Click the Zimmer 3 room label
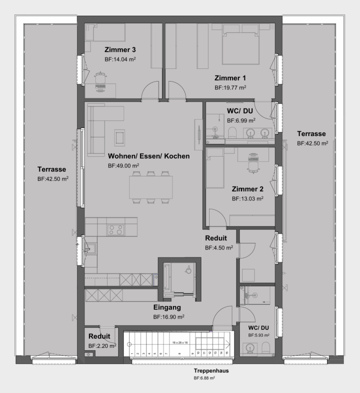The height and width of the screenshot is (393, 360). tap(120, 50)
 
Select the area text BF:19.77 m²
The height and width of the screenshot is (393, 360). tap(230, 87)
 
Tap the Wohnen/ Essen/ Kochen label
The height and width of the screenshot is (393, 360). tap(148, 156)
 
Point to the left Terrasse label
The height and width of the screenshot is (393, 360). tap(53, 169)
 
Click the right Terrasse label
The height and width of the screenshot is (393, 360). tap(311, 134)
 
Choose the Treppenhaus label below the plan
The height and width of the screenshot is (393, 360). tap(204, 371)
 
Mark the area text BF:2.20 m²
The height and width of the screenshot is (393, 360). tap(102, 346)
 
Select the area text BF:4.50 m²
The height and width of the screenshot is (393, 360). tap(219, 248)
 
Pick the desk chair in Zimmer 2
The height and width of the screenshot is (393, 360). tap(253, 160)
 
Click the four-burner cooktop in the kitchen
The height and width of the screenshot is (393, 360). tap(116, 229)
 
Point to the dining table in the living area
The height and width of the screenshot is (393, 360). tap(151, 187)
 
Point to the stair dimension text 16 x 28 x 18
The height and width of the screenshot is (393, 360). tap(181, 341)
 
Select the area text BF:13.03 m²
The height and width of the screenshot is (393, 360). tap(248, 199)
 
